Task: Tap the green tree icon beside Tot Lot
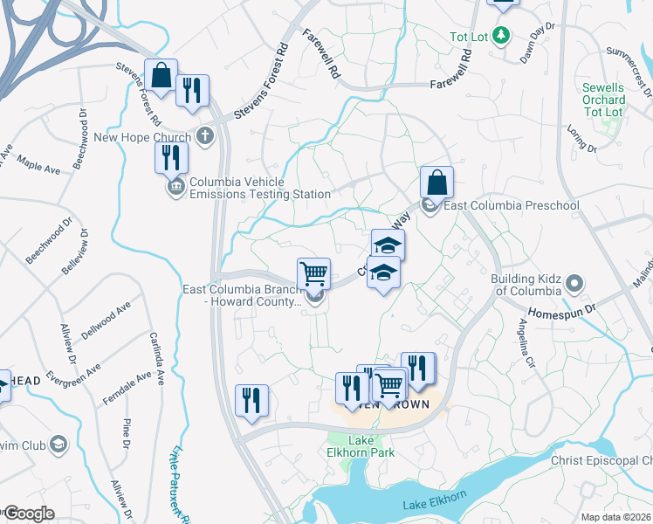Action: tap(500, 36)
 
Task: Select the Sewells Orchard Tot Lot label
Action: tap(603, 100)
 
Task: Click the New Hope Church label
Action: tap(141, 136)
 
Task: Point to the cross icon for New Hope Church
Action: tap(204, 135)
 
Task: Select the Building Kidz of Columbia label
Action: tap(523, 285)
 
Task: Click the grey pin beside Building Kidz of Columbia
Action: tap(574, 283)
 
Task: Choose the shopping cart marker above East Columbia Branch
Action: tap(313, 273)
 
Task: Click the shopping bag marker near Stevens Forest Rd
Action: tap(161, 75)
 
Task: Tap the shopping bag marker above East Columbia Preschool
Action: tap(436, 183)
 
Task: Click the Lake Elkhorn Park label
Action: tap(372, 446)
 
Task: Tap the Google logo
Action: tap(29, 514)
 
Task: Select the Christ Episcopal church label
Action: tap(601, 460)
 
